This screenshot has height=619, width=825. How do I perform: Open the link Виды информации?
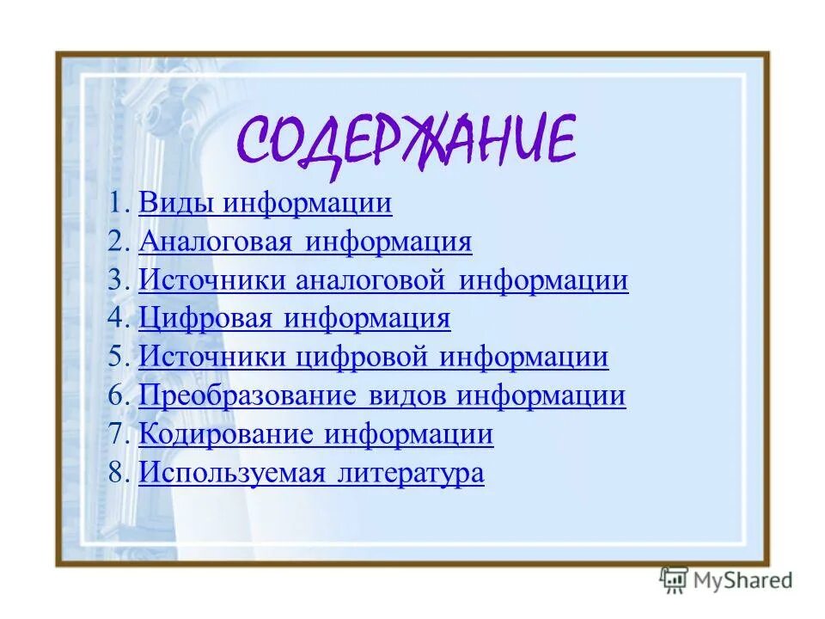(x=265, y=204)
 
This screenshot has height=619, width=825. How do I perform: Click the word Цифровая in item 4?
(x=205, y=319)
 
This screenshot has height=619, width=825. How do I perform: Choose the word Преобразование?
(x=247, y=395)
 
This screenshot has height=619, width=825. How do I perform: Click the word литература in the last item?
(x=411, y=473)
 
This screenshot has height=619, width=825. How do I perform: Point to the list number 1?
(x=118, y=205)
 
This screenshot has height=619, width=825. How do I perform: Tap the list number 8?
(x=118, y=474)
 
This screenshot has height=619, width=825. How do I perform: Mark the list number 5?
(x=118, y=358)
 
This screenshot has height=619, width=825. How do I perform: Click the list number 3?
(x=118, y=281)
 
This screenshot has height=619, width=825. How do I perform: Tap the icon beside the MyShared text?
(x=675, y=580)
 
